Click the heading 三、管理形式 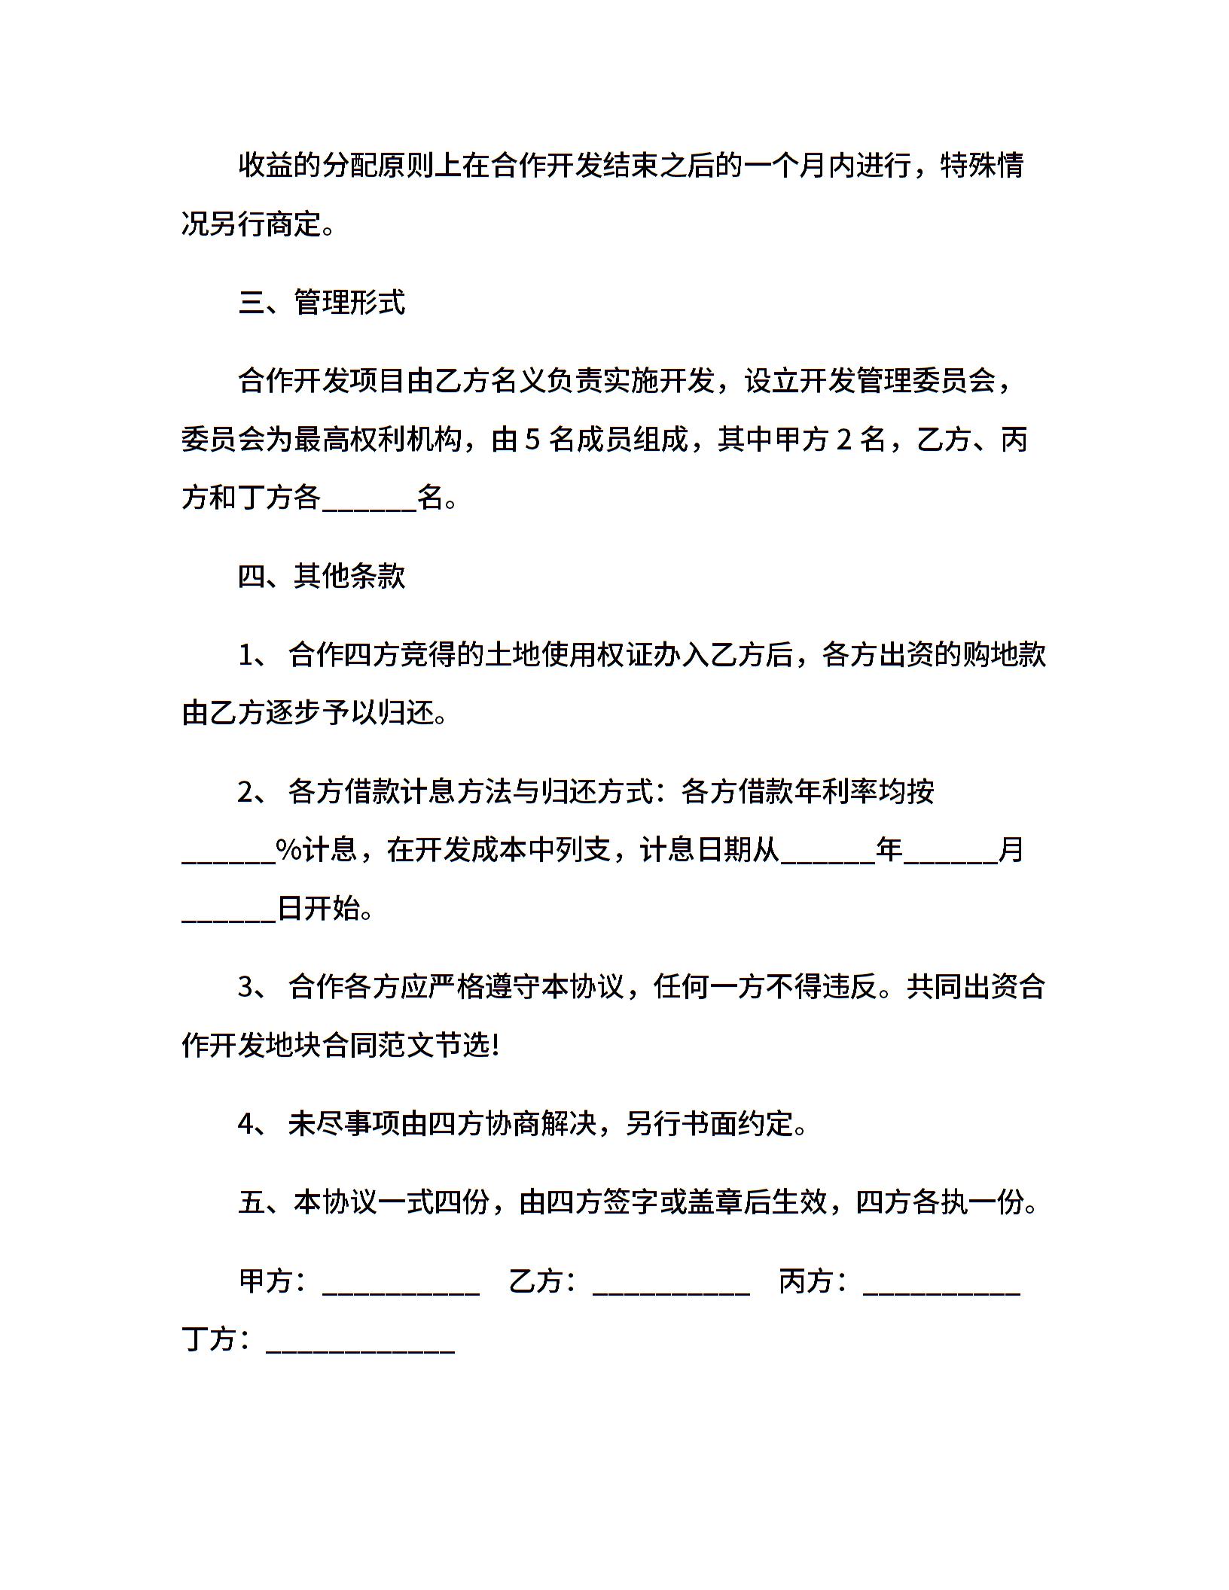click(x=322, y=303)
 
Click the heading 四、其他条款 click(x=322, y=576)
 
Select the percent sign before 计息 click(x=288, y=851)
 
